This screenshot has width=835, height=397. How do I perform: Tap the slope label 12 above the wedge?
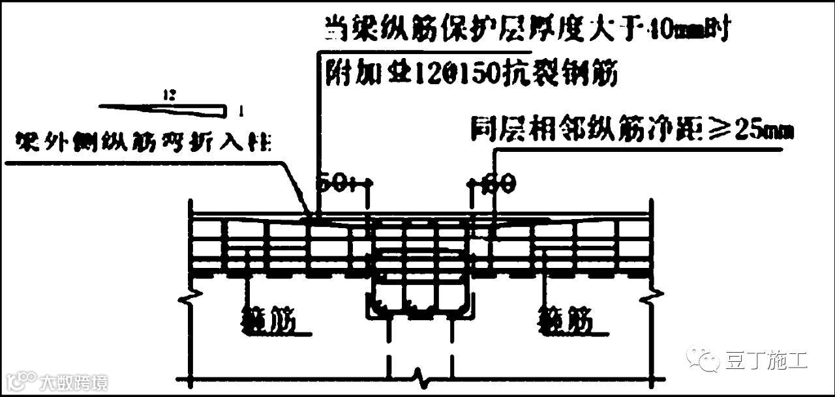coord(170,95)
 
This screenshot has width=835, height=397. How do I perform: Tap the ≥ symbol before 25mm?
coord(718,131)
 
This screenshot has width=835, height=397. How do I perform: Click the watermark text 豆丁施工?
coord(767,360)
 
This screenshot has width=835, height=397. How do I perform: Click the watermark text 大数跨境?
coord(73,381)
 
